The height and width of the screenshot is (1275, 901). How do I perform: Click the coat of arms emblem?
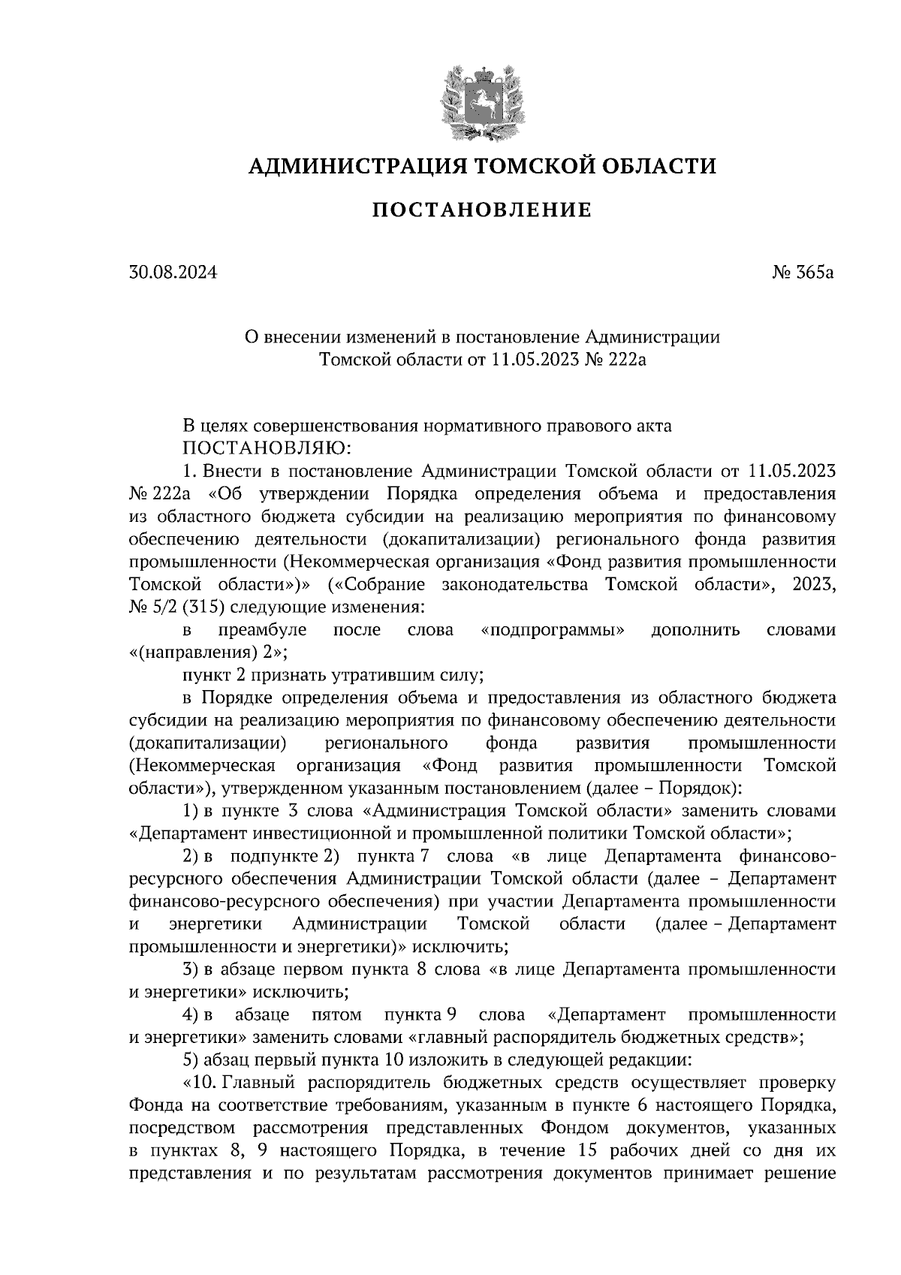tap(482, 102)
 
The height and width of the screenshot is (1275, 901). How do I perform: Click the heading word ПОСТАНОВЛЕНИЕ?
tap(482, 210)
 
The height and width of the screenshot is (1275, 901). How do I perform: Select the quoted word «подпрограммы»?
tap(552, 630)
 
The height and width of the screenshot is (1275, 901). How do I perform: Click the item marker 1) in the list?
tap(191, 812)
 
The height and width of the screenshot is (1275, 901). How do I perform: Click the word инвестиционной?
tap(314, 833)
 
